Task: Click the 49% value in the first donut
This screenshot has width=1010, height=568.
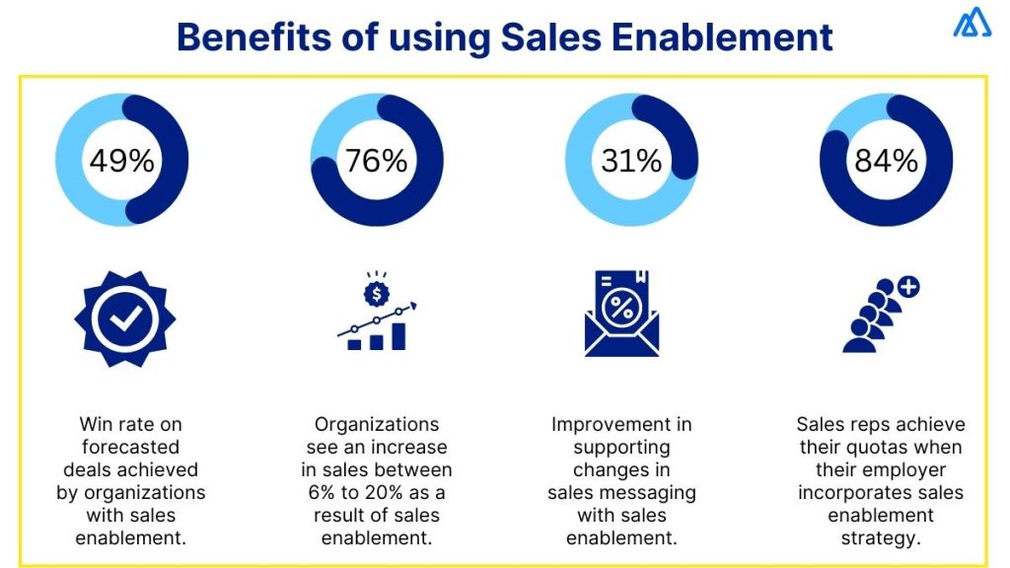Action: click(122, 160)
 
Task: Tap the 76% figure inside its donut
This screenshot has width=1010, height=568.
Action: click(377, 160)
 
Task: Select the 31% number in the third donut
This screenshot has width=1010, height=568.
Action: click(631, 160)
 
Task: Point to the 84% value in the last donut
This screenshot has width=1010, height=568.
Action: click(886, 160)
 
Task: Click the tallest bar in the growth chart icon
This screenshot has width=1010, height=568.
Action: click(398, 335)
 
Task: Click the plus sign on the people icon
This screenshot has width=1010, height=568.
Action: click(907, 288)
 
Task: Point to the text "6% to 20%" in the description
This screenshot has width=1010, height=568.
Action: click(377, 492)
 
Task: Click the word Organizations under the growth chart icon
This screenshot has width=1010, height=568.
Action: click(377, 425)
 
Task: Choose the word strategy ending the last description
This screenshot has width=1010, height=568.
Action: click(881, 537)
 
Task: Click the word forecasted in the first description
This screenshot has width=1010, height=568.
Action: click(131, 448)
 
